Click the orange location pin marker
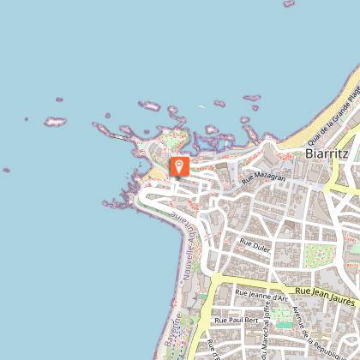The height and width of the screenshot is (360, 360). pyautogui.click(x=179, y=166)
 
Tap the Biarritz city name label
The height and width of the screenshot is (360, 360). pyautogui.click(x=327, y=153)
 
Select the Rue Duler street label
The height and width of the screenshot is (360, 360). pyautogui.click(x=254, y=244)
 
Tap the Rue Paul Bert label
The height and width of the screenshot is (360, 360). pyautogui.click(x=236, y=320)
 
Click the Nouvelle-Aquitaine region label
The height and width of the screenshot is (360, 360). pyautogui.click(x=188, y=235)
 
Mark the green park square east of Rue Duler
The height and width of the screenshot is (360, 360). pyautogui.click(x=320, y=255)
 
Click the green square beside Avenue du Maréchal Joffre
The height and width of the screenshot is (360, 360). pyautogui.click(x=283, y=317)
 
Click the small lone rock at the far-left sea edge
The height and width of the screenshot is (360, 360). pyautogui.click(x=7, y=170)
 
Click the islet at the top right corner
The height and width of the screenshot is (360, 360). pyautogui.click(x=289, y=3)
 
